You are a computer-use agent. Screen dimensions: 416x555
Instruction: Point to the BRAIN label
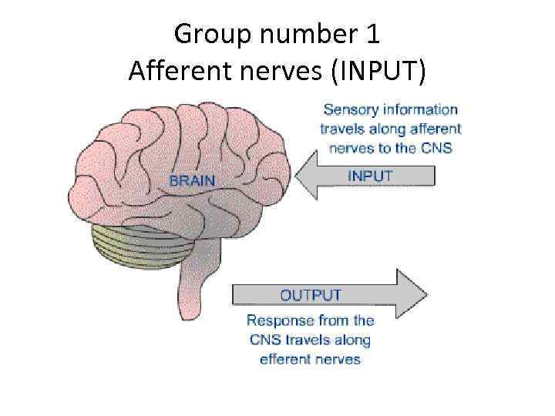[192, 181]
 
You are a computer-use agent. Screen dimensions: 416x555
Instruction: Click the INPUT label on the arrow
[370, 176]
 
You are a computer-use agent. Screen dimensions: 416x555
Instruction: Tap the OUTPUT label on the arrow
[310, 295]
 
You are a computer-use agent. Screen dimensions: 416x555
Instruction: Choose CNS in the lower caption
[263, 340]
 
